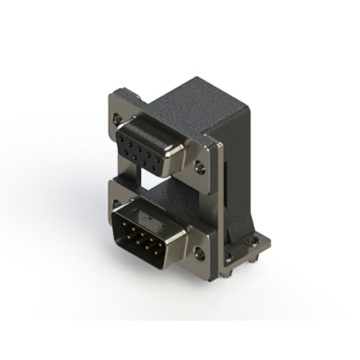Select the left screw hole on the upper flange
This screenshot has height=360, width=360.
[x=116, y=118]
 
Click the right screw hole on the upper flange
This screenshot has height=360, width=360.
[x=200, y=167]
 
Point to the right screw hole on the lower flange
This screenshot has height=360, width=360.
[x=200, y=254]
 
